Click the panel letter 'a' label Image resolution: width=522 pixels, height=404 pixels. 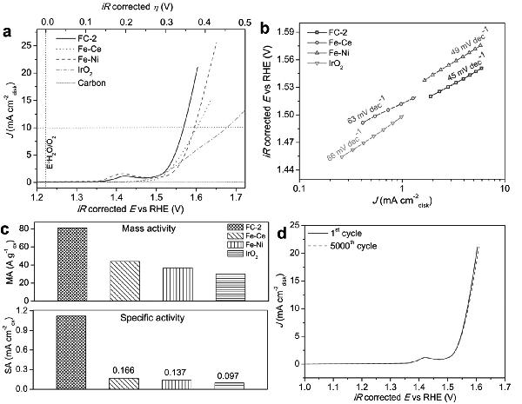[x=8, y=32]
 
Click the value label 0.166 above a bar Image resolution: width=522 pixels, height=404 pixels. [x=124, y=370]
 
